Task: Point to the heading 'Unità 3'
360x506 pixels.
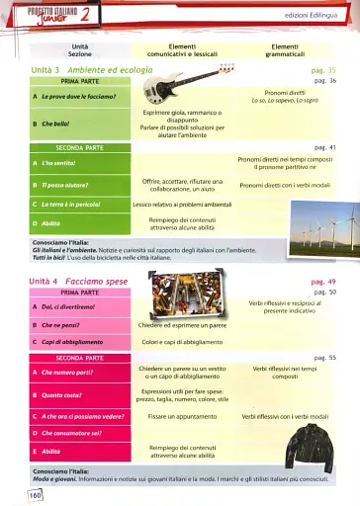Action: pos(45,72)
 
